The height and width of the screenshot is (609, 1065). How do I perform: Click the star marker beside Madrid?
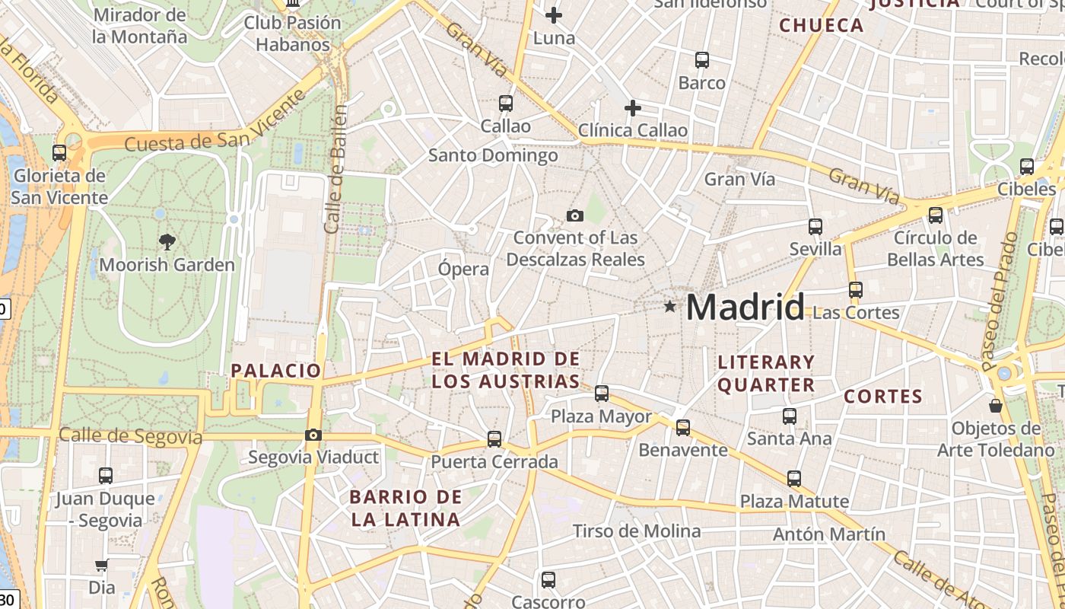click(x=669, y=307)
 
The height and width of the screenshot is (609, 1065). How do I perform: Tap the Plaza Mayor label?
click(x=601, y=416)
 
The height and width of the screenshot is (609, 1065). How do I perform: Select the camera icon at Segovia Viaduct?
click(x=313, y=435)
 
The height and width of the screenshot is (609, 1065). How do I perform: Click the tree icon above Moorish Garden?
click(x=167, y=242)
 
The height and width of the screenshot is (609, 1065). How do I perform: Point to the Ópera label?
click(x=463, y=269)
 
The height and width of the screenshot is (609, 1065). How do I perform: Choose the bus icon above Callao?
click(x=505, y=103)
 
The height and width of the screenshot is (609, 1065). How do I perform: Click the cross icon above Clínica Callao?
click(x=632, y=108)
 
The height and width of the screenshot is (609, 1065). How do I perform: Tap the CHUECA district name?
click(x=822, y=25)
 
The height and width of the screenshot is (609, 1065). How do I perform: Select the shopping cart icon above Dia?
click(x=101, y=566)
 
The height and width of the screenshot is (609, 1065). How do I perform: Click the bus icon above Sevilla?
click(x=815, y=226)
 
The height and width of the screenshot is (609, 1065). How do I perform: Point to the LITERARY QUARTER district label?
click(x=766, y=373)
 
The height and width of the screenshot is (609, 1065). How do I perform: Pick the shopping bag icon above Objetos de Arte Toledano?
click(x=995, y=406)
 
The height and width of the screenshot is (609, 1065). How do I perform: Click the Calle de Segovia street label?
click(x=131, y=436)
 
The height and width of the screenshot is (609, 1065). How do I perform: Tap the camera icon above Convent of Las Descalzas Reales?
click(x=575, y=215)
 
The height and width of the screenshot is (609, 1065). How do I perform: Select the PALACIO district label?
click(x=276, y=371)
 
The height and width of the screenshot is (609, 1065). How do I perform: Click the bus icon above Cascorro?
click(x=548, y=579)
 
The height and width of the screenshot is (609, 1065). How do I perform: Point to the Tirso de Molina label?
click(x=637, y=531)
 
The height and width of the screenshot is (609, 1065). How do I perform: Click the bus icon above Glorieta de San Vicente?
click(x=59, y=152)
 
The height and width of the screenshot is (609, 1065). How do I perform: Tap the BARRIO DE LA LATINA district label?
click(x=405, y=509)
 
